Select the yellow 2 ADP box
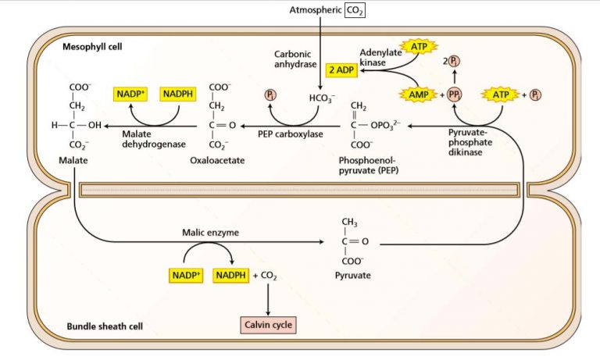point(341,70)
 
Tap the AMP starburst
point(416,94)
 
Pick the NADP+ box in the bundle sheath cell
point(186,275)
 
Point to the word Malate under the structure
point(73,160)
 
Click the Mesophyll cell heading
point(92,48)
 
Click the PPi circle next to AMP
point(454,94)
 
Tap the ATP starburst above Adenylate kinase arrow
point(419,48)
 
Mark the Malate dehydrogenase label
point(148,138)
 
